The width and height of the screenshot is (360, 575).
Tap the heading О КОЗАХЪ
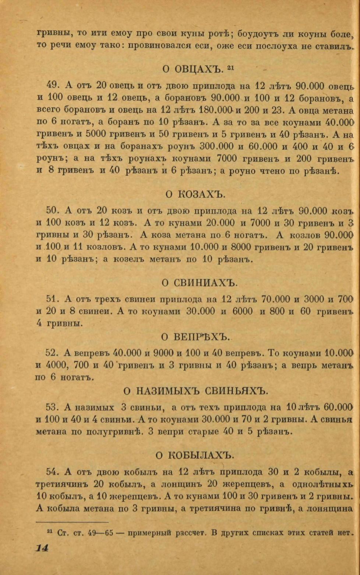coord(195,194)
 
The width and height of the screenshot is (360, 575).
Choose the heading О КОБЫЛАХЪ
coord(195,455)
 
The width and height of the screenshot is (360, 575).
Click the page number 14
coord(42,548)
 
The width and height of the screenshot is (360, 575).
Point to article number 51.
coord(53,299)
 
